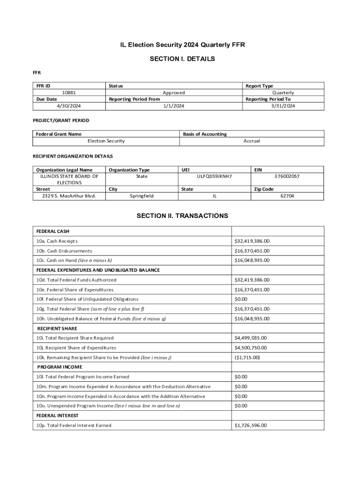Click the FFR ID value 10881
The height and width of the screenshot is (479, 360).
click(69, 93)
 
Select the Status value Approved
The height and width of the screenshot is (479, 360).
click(173, 93)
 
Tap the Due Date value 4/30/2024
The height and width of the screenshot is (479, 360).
click(69, 106)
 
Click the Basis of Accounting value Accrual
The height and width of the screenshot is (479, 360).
click(252, 141)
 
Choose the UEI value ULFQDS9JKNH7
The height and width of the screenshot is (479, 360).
click(215, 176)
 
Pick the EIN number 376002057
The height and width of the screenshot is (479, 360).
click(287, 176)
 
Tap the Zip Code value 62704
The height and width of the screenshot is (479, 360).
click(287, 196)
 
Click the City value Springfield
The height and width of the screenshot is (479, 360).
click(142, 196)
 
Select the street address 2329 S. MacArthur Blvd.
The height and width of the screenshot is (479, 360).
click(69, 196)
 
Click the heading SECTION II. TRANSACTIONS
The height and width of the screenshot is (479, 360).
click(182, 216)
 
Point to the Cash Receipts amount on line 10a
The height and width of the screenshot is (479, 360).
click(252, 241)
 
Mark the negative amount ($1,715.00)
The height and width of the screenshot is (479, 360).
click(247, 357)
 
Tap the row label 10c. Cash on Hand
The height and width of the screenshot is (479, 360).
click(74, 261)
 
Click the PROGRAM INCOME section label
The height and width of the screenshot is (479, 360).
click(59, 367)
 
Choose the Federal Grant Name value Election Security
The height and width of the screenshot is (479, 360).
click(106, 141)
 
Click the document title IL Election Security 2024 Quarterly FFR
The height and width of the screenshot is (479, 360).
click(182, 45)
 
